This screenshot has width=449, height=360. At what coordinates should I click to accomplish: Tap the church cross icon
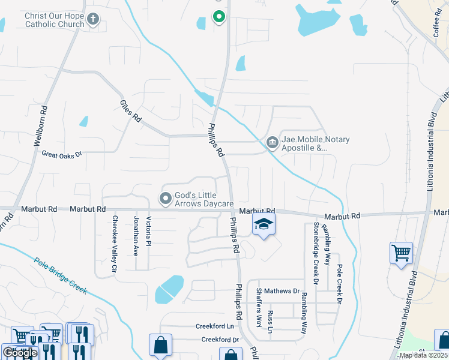[92, 19]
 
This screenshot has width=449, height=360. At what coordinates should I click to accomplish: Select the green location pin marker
[219, 17]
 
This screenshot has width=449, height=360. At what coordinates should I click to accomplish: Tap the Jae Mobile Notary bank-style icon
[272, 142]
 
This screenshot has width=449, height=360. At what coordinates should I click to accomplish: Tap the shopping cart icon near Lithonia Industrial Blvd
[401, 252]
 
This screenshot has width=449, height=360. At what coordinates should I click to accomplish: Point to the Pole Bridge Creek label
[61, 275]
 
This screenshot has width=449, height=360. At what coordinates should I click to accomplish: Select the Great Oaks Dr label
[61, 154]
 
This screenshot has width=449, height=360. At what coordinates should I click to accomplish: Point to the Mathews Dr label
[281, 291]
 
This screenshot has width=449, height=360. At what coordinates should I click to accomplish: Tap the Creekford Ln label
[214, 326]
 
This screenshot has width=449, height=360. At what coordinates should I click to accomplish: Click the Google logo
[20, 352]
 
